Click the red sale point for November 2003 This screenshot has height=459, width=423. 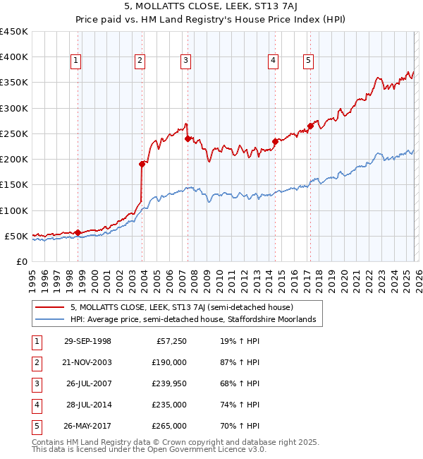pyautogui.click(x=142, y=164)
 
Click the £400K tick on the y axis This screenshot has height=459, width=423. pyautogui.click(x=14, y=57)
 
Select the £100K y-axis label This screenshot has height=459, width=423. pyautogui.click(x=14, y=210)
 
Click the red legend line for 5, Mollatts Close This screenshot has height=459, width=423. pyautogui.click(x=51, y=307)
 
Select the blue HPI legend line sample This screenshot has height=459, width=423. pyautogui.click(x=51, y=319)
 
